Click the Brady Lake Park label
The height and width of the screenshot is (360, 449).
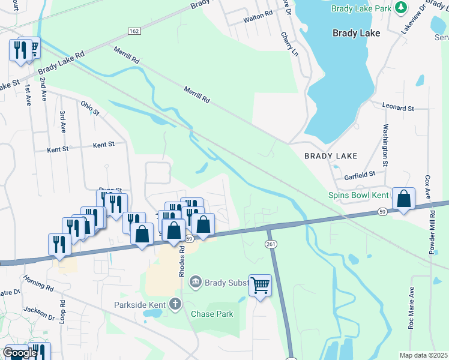tap(361, 8)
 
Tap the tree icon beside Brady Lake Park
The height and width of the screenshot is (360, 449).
tap(400, 8)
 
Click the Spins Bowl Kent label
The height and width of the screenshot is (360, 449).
tap(358, 195)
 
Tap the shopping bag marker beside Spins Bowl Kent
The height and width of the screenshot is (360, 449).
tap(404, 199)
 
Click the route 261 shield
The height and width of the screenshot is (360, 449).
tap(270, 242)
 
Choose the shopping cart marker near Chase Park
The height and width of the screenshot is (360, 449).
tap(260, 286)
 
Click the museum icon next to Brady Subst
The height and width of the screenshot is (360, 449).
tap(195, 281)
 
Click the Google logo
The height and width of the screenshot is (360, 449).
tap(20, 353)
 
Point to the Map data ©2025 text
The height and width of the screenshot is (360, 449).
tap(423, 355)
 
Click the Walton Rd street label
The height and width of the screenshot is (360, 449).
tap(258, 19)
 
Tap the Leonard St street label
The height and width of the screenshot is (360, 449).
tap(398, 107)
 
